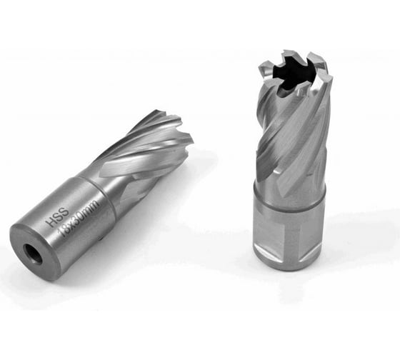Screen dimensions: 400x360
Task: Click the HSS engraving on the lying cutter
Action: [x=57, y=217]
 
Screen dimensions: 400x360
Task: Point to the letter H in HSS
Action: [x=50, y=223]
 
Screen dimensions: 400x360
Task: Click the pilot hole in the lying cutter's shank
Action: [x=33, y=254]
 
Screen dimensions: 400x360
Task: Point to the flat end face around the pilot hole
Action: [x=35, y=252]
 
